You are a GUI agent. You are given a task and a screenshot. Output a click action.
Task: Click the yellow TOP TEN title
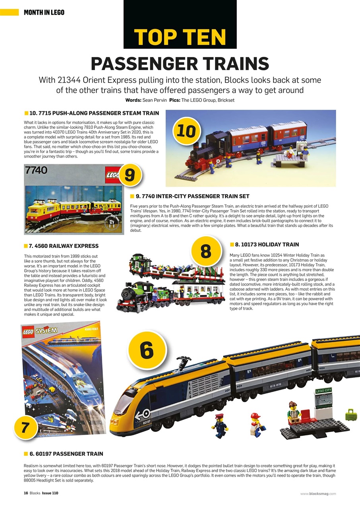[x=180, y=37]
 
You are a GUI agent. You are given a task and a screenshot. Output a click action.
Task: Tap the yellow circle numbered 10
[x=186, y=131]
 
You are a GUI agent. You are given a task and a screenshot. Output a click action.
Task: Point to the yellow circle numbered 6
[x=147, y=350]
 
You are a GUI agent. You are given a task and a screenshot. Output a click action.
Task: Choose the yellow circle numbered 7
[x=25, y=428]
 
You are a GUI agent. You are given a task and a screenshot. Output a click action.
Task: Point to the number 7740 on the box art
[x=36, y=171]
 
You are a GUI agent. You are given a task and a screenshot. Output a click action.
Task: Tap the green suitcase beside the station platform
[x=351, y=415]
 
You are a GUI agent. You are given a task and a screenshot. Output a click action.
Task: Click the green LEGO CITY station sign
[x=323, y=391]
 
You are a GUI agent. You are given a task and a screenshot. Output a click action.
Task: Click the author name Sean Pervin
[x=154, y=100]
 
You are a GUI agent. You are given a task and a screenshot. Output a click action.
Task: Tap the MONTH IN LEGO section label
[x=44, y=12]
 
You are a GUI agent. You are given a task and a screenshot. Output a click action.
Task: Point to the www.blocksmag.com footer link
[x=318, y=493]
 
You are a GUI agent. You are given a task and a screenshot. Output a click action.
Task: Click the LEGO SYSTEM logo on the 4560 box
[x=40, y=332]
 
